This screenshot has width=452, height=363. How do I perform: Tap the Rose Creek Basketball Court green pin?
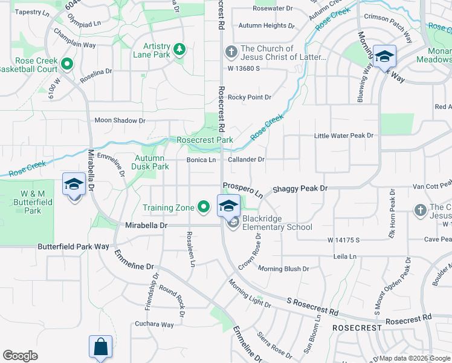coord(66,63)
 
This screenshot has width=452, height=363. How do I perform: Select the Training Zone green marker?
coord(204,208)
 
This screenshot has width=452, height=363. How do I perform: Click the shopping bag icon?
coord(100,347)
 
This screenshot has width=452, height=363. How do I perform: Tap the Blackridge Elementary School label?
coord(277,223)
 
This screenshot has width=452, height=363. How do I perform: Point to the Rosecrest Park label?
coord(205,140)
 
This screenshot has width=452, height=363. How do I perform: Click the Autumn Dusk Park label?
coord(151,162)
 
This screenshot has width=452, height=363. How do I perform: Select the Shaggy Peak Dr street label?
coord(300,189)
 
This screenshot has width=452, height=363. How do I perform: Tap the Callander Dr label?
coord(247,160)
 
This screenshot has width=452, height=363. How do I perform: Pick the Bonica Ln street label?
coord(201,160)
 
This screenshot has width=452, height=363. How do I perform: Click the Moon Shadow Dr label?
coord(120,120)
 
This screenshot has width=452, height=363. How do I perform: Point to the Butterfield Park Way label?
coord(73,246)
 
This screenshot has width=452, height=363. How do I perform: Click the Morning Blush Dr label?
coord(283,268)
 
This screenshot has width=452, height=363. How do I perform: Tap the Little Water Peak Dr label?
coord(344,136)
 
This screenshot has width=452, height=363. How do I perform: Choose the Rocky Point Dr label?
coord(250,97)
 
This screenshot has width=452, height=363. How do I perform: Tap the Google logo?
coord(21,356)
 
